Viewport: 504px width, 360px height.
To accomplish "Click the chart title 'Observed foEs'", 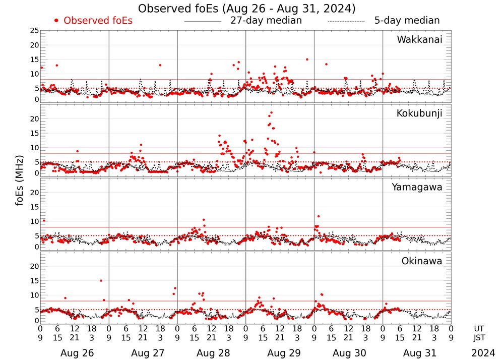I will (247, 8).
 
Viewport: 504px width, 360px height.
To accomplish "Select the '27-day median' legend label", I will (266, 21).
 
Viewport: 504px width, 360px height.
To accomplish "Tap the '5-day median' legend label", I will (407, 21).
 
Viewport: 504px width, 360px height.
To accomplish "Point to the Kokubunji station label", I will (419, 113).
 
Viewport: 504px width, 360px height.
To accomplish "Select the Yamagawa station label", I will (417, 187).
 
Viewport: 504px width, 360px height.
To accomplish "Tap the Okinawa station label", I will (421, 261).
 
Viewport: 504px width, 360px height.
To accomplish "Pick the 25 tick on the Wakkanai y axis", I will (34, 31).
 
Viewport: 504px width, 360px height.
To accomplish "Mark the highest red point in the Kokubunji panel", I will (271, 112).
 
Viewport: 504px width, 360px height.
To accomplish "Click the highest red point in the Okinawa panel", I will (101, 280).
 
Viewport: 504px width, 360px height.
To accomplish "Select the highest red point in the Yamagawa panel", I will (319, 216).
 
